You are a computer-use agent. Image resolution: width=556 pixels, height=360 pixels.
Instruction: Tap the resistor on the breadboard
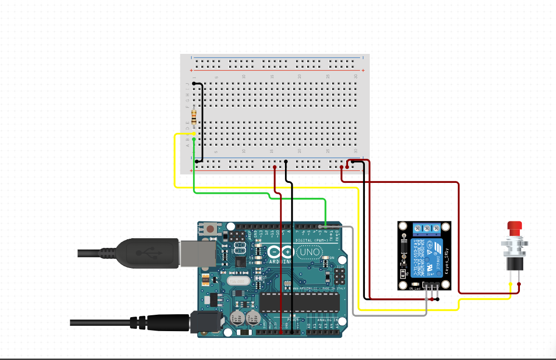[194, 116]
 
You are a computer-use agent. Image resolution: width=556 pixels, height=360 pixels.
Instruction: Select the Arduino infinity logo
[280, 252]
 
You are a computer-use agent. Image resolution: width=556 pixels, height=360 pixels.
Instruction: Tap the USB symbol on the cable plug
[144, 252]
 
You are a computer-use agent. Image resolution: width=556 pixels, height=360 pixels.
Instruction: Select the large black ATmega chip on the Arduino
[300, 302]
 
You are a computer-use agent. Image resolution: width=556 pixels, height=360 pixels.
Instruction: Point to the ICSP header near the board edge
[340, 277]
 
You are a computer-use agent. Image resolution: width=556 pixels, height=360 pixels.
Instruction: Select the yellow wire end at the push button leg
[510, 284]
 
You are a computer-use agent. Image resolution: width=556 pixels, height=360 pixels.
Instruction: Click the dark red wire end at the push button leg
[519, 284]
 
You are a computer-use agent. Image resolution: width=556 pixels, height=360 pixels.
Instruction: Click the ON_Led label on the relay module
[414, 288]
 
